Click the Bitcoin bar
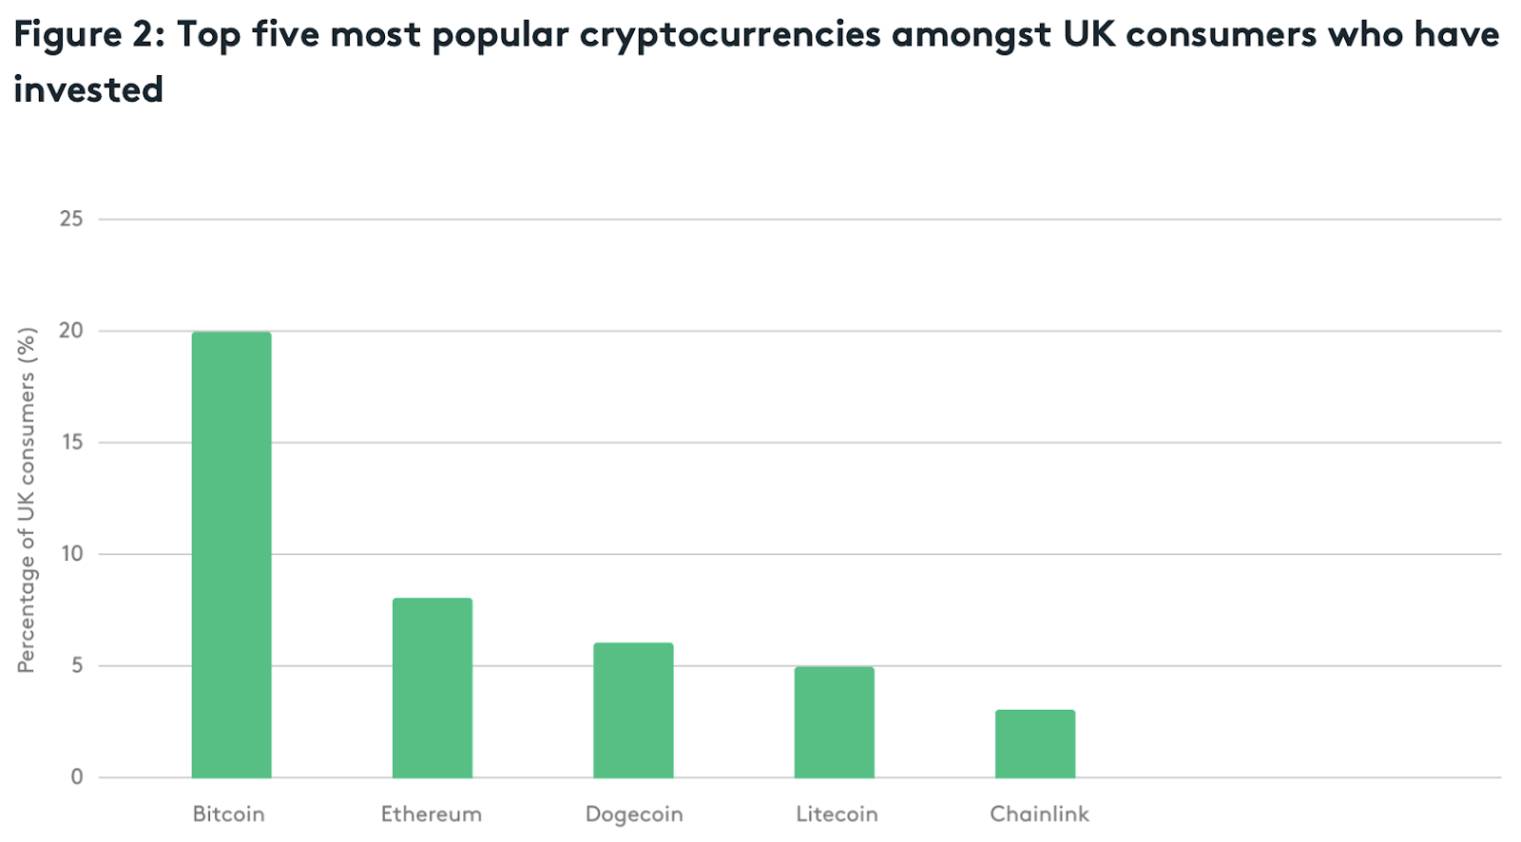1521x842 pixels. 231,555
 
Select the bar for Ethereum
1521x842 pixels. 433,688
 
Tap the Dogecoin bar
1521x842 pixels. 633,710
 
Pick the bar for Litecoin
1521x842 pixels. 834,722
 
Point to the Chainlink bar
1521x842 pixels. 1035,744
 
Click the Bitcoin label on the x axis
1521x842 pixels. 228,814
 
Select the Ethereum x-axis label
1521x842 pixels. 432,814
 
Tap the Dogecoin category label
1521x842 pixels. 634,815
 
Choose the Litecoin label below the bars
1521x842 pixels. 837,814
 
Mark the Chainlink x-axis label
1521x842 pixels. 1039,814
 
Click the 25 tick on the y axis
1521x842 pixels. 71,219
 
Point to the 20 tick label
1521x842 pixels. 71,331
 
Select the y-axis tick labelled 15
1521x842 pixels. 71,442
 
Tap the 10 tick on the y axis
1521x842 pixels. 72,554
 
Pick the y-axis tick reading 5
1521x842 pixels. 77,665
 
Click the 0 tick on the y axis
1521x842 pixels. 77,777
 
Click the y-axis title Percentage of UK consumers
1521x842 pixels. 27,500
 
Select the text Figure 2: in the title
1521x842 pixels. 89,35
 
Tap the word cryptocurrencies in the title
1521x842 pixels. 730,35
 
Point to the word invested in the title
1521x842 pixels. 88,90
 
